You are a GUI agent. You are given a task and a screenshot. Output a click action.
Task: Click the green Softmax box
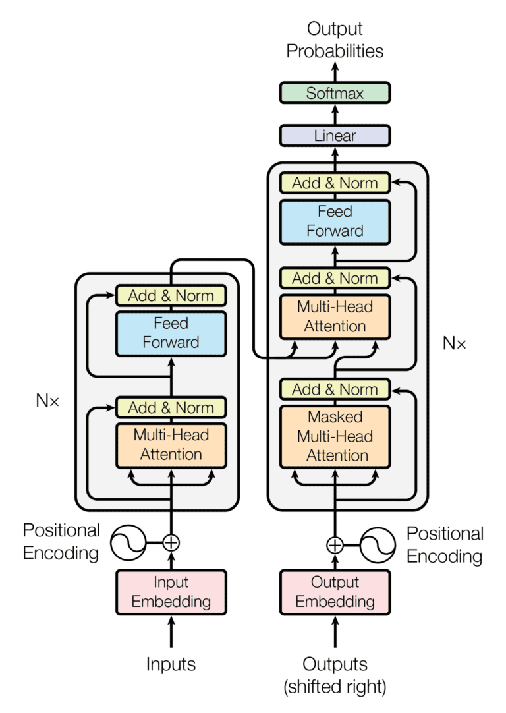tap(335, 93)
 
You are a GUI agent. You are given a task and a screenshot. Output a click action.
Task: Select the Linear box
tap(335, 136)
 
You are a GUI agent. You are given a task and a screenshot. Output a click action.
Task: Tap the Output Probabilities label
tap(335, 40)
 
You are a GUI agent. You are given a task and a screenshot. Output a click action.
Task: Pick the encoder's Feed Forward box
tap(171, 333)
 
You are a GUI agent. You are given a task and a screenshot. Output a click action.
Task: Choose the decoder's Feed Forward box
tap(335, 221)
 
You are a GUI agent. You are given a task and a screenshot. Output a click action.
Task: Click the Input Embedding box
tap(171, 592)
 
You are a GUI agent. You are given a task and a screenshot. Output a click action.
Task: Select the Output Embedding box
tap(335, 592)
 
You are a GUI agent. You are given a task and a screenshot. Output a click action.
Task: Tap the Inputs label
tap(171, 664)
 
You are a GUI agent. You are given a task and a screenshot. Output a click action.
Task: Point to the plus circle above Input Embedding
tap(171, 543)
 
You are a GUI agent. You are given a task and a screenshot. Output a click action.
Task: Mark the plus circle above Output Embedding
tap(335, 544)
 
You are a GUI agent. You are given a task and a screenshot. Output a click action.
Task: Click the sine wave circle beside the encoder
tap(127, 543)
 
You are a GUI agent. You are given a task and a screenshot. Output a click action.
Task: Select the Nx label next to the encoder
tap(47, 400)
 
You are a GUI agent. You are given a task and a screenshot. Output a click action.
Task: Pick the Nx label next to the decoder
tap(454, 343)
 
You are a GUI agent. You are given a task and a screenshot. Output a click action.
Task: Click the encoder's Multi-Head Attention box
tap(171, 445)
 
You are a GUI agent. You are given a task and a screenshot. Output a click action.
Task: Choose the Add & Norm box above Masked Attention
tap(335, 389)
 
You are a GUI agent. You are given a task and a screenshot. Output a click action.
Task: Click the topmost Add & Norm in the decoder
tap(335, 183)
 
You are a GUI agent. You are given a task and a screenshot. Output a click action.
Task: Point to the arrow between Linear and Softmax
tap(335, 114)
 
